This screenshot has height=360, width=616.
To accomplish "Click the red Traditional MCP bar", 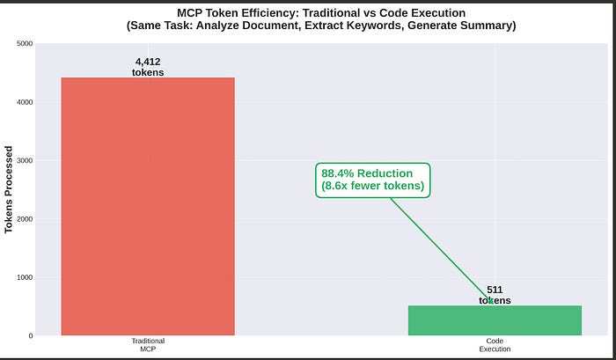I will click(x=148, y=206).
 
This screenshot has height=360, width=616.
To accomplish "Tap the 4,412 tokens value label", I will click(x=148, y=67).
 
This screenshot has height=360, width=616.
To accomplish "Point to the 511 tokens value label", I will click(x=495, y=295).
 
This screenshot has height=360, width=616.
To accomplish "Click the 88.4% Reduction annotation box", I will click(x=373, y=180).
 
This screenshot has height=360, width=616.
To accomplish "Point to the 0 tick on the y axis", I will click(x=30, y=335).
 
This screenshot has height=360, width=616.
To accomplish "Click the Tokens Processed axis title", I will click(x=9, y=189).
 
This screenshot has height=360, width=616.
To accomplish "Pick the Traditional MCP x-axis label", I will click(x=148, y=344).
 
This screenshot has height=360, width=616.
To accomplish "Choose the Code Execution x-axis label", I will click(x=495, y=344).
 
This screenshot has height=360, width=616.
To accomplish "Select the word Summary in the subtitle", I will click(x=487, y=25).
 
